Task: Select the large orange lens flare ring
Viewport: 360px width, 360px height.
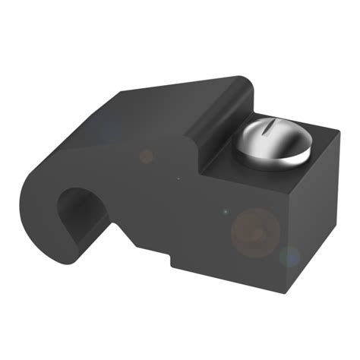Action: [x=255, y=232]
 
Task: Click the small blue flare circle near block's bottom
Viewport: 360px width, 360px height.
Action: [x=290, y=257]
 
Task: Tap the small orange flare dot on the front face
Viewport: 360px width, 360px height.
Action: [x=146, y=156]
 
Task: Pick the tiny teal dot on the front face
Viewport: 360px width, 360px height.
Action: [x=225, y=210]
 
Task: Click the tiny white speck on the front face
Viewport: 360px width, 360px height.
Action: [x=178, y=179]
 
